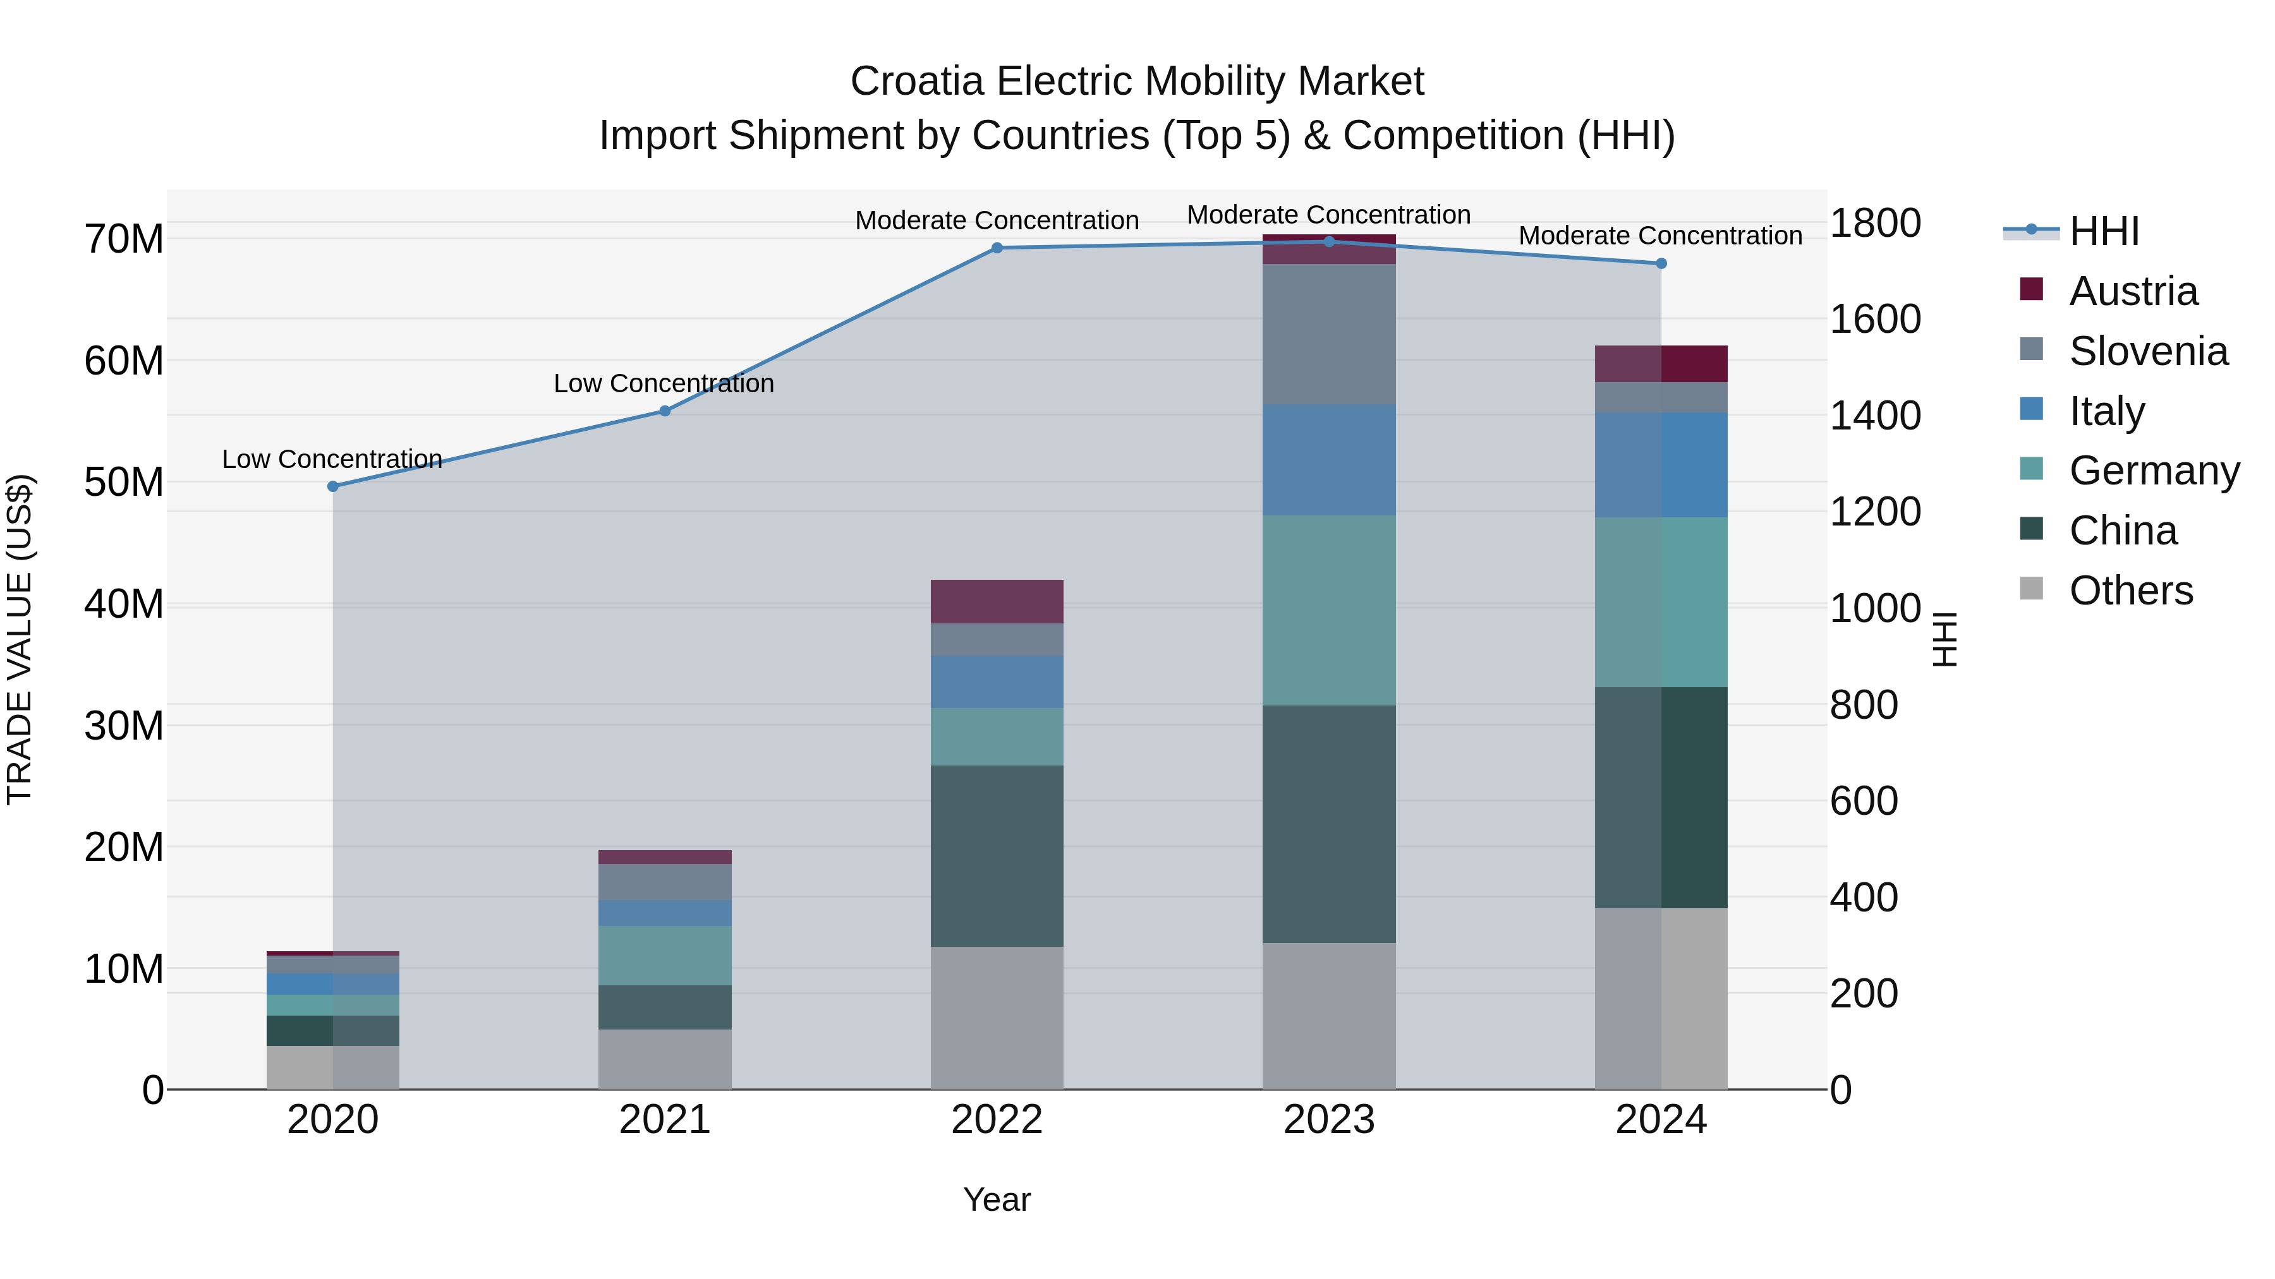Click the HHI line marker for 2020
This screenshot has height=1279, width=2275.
click(333, 486)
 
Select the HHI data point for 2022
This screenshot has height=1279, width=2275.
click(997, 248)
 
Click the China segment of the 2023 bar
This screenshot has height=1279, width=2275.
click(1328, 824)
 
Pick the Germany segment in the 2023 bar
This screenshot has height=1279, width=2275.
click(1328, 610)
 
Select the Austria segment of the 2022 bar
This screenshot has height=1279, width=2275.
click(997, 601)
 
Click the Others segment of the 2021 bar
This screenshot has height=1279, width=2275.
click(665, 1059)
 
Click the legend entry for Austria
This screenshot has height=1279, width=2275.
click(2133, 291)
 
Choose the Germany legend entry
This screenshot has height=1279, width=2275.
click(2153, 471)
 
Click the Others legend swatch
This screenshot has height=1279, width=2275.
click(2031, 589)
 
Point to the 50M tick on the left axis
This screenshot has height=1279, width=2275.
click(124, 482)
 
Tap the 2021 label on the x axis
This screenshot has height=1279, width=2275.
click(665, 1120)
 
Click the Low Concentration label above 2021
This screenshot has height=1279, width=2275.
click(664, 383)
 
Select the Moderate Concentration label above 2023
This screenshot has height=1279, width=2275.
click(1328, 215)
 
